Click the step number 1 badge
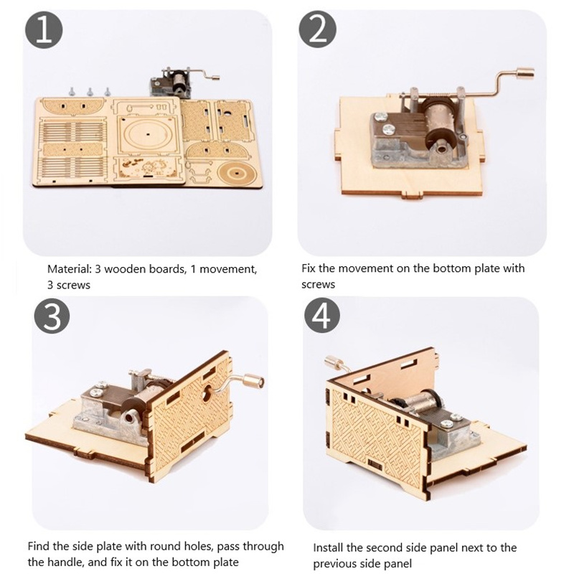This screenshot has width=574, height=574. coord(44,30)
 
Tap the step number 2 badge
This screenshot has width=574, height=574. coord(317,30)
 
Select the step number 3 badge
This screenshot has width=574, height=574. coord(52,315)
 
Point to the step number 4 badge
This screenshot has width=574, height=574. coord(322,315)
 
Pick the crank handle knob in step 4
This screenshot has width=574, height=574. coord(333,362)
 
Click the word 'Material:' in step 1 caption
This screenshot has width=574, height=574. coord(69,269)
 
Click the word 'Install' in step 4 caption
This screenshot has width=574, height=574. coord(328,547)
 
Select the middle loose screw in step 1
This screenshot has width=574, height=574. coord(89,92)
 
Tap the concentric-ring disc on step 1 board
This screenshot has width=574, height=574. coord(235,172)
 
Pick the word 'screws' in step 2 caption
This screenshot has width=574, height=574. coord(318,284)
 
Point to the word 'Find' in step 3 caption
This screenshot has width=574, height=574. coord(39,546)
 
